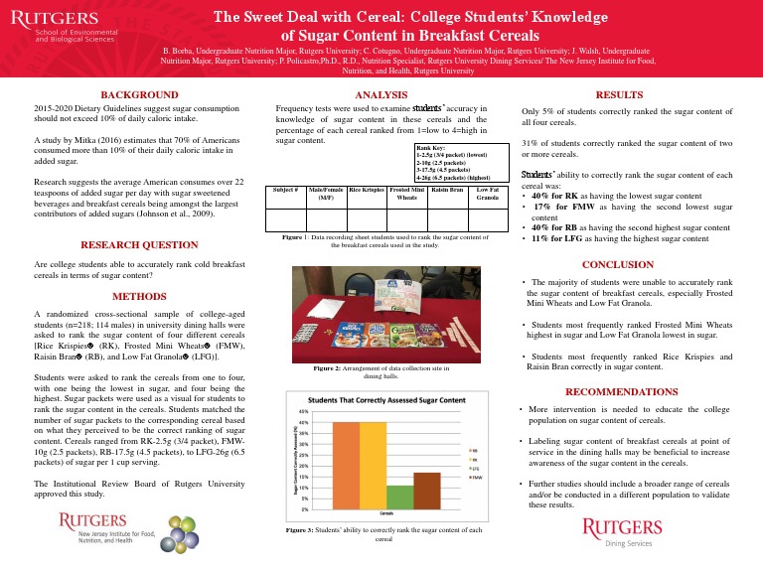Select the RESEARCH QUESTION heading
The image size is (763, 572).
pos(138,244)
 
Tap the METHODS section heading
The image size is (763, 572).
pos(138,296)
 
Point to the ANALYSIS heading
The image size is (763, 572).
pos(381,92)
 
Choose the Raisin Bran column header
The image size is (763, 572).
pos(448,189)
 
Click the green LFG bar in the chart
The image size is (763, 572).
pos(399,497)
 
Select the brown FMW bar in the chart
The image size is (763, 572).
pos(427,490)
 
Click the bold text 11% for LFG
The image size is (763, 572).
pos(560,239)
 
